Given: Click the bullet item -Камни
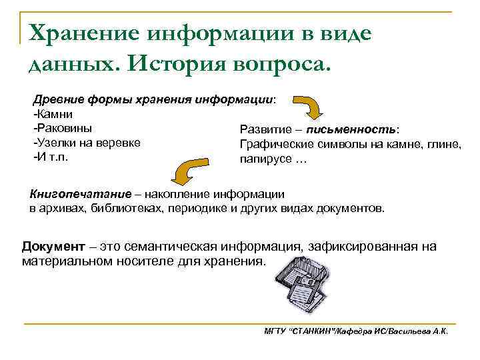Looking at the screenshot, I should pyautogui.click(x=51, y=114).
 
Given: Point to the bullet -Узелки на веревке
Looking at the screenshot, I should pyautogui.click(x=86, y=143).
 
